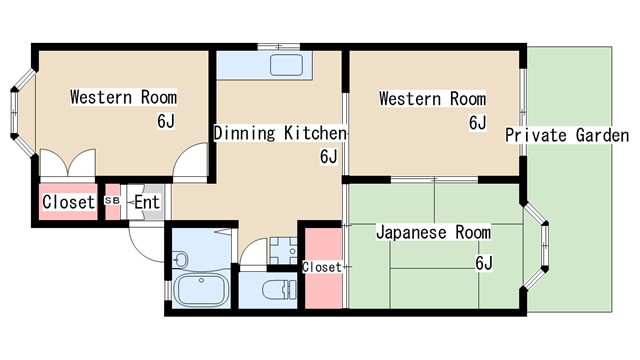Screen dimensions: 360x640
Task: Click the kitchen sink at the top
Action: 286,66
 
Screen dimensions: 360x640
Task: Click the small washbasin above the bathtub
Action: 181,259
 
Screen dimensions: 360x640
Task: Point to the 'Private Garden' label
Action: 566,135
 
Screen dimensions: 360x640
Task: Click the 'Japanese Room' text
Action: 433,233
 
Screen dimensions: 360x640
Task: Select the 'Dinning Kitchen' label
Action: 279,132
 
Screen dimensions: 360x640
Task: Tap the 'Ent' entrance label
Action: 147,202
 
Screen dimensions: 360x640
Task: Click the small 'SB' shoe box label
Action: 112,201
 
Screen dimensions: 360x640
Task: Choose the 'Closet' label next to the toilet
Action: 321,267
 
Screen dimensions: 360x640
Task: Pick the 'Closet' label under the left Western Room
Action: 68,202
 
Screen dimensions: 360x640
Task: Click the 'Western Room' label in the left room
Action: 123,97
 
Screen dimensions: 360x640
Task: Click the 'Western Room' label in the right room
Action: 432,99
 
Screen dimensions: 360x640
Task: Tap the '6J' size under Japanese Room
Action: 484,263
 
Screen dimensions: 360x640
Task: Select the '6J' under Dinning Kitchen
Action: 329,156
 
